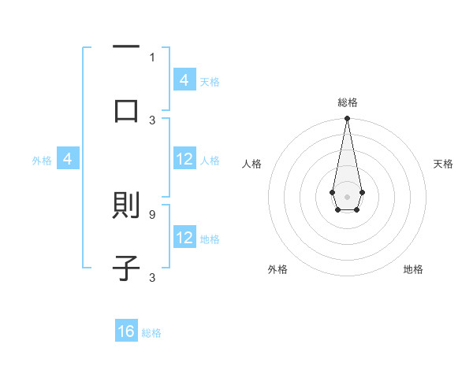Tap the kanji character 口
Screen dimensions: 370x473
click(x=126, y=111)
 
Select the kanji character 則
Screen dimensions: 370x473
click(x=126, y=206)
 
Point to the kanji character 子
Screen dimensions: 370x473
click(x=126, y=268)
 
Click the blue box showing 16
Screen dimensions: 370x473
click(x=126, y=331)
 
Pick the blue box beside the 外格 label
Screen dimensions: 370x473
click(x=68, y=160)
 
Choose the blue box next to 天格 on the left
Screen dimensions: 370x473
click(x=184, y=80)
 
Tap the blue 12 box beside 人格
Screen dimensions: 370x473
click(x=184, y=159)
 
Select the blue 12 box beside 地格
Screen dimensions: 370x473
click(x=184, y=238)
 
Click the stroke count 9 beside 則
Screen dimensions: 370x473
click(x=151, y=213)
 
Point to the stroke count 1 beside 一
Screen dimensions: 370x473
click(x=152, y=57)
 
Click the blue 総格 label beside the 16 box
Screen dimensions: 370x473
click(x=151, y=333)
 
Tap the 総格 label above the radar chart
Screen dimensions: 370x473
click(x=347, y=102)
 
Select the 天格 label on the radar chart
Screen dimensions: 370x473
click(x=443, y=164)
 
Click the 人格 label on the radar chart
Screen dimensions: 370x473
click(x=252, y=164)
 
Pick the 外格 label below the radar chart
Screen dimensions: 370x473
click(x=277, y=269)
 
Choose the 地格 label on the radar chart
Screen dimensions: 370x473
click(x=413, y=269)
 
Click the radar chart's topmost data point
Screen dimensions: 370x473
click(x=347, y=119)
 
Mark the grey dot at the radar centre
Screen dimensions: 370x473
click(x=347, y=196)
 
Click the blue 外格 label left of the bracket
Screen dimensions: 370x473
click(x=42, y=161)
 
